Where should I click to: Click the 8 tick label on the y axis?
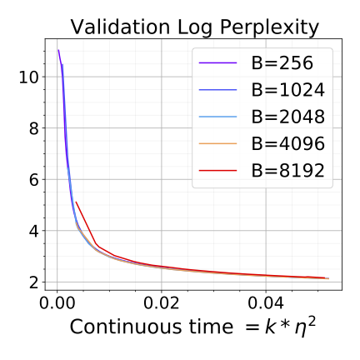pos(33,128)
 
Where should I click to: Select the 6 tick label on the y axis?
pos(33,179)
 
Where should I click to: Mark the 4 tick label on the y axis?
pos(33,231)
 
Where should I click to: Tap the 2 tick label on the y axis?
pos(33,282)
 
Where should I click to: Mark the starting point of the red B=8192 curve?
pos(76,202)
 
